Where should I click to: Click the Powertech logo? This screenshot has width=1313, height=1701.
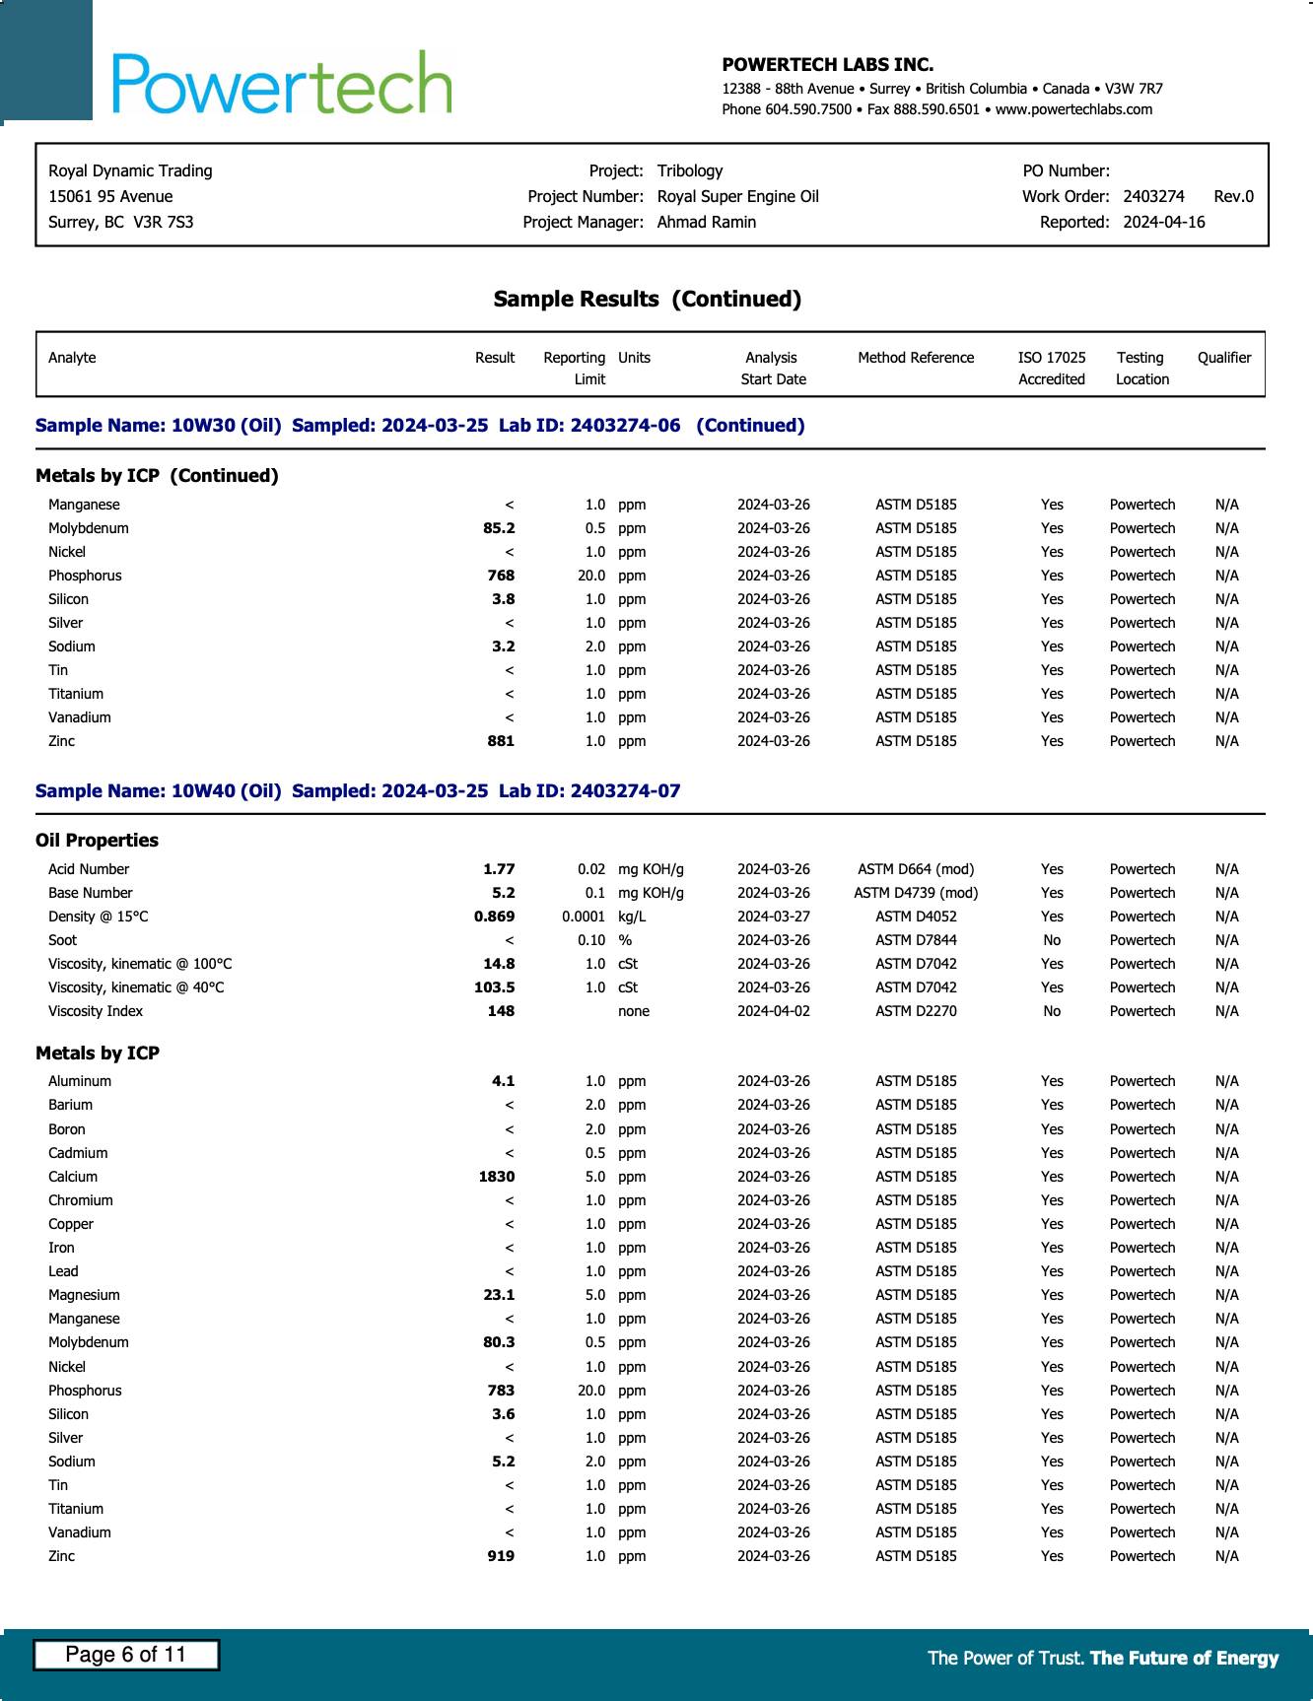(282, 83)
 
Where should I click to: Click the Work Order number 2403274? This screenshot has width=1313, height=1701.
(1153, 196)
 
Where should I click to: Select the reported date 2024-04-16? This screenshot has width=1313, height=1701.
(1163, 222)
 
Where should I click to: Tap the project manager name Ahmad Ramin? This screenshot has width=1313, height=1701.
(706, 222)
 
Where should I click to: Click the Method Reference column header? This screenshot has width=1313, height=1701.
(915, 358)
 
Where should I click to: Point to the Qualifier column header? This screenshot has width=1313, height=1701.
(1223, 358)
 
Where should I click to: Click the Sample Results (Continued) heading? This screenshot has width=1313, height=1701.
(647, 299)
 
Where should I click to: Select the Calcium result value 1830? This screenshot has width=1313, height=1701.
(497, 1177)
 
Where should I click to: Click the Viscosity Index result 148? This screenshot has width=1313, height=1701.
(501, 1011)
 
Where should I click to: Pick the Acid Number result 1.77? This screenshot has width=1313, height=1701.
(499, 869)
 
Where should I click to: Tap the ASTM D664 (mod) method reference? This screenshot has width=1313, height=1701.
(915, 869)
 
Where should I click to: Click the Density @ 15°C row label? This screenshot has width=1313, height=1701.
(98, 917)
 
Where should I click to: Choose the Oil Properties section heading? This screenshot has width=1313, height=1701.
(97, 841)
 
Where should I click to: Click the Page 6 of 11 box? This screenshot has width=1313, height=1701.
(126, 1655)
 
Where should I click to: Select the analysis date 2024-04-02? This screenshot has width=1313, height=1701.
(773, 1011)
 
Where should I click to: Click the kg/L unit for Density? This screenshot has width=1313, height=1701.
(632, 917)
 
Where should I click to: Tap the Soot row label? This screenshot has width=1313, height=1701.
(62, 940)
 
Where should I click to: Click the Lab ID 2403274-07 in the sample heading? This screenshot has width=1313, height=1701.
(624, 791)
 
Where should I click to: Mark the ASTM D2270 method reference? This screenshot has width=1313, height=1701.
(915, 1011)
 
